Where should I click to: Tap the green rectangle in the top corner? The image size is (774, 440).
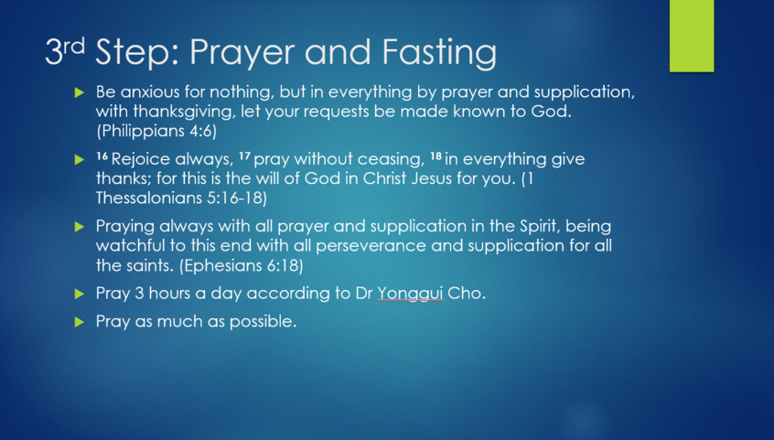pyautogui.click(x=692, y=36)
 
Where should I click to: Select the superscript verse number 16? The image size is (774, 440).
pyautogui.click(x=102, y=156)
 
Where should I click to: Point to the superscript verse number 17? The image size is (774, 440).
pyautogui.click(x=245, y=156)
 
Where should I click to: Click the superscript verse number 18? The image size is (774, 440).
pyautogui.click(x=435, y=156)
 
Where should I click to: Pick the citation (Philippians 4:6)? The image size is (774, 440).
pyautogui.click(x=156, y=131)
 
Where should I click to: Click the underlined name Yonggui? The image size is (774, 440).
pyautogui.click(x=410, y=294)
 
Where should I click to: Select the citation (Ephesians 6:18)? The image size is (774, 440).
pyautogui.click(x=241, y=265)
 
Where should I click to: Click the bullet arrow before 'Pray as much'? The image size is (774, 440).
pyautogui.click(x=80, y=322)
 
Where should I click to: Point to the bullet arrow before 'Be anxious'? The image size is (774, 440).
pyautogui.click(x=80, y=92)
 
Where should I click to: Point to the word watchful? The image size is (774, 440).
pyautogui.click(x=131, y=245)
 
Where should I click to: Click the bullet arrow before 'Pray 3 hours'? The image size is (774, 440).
pyautogui.click(x=80, y=294)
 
